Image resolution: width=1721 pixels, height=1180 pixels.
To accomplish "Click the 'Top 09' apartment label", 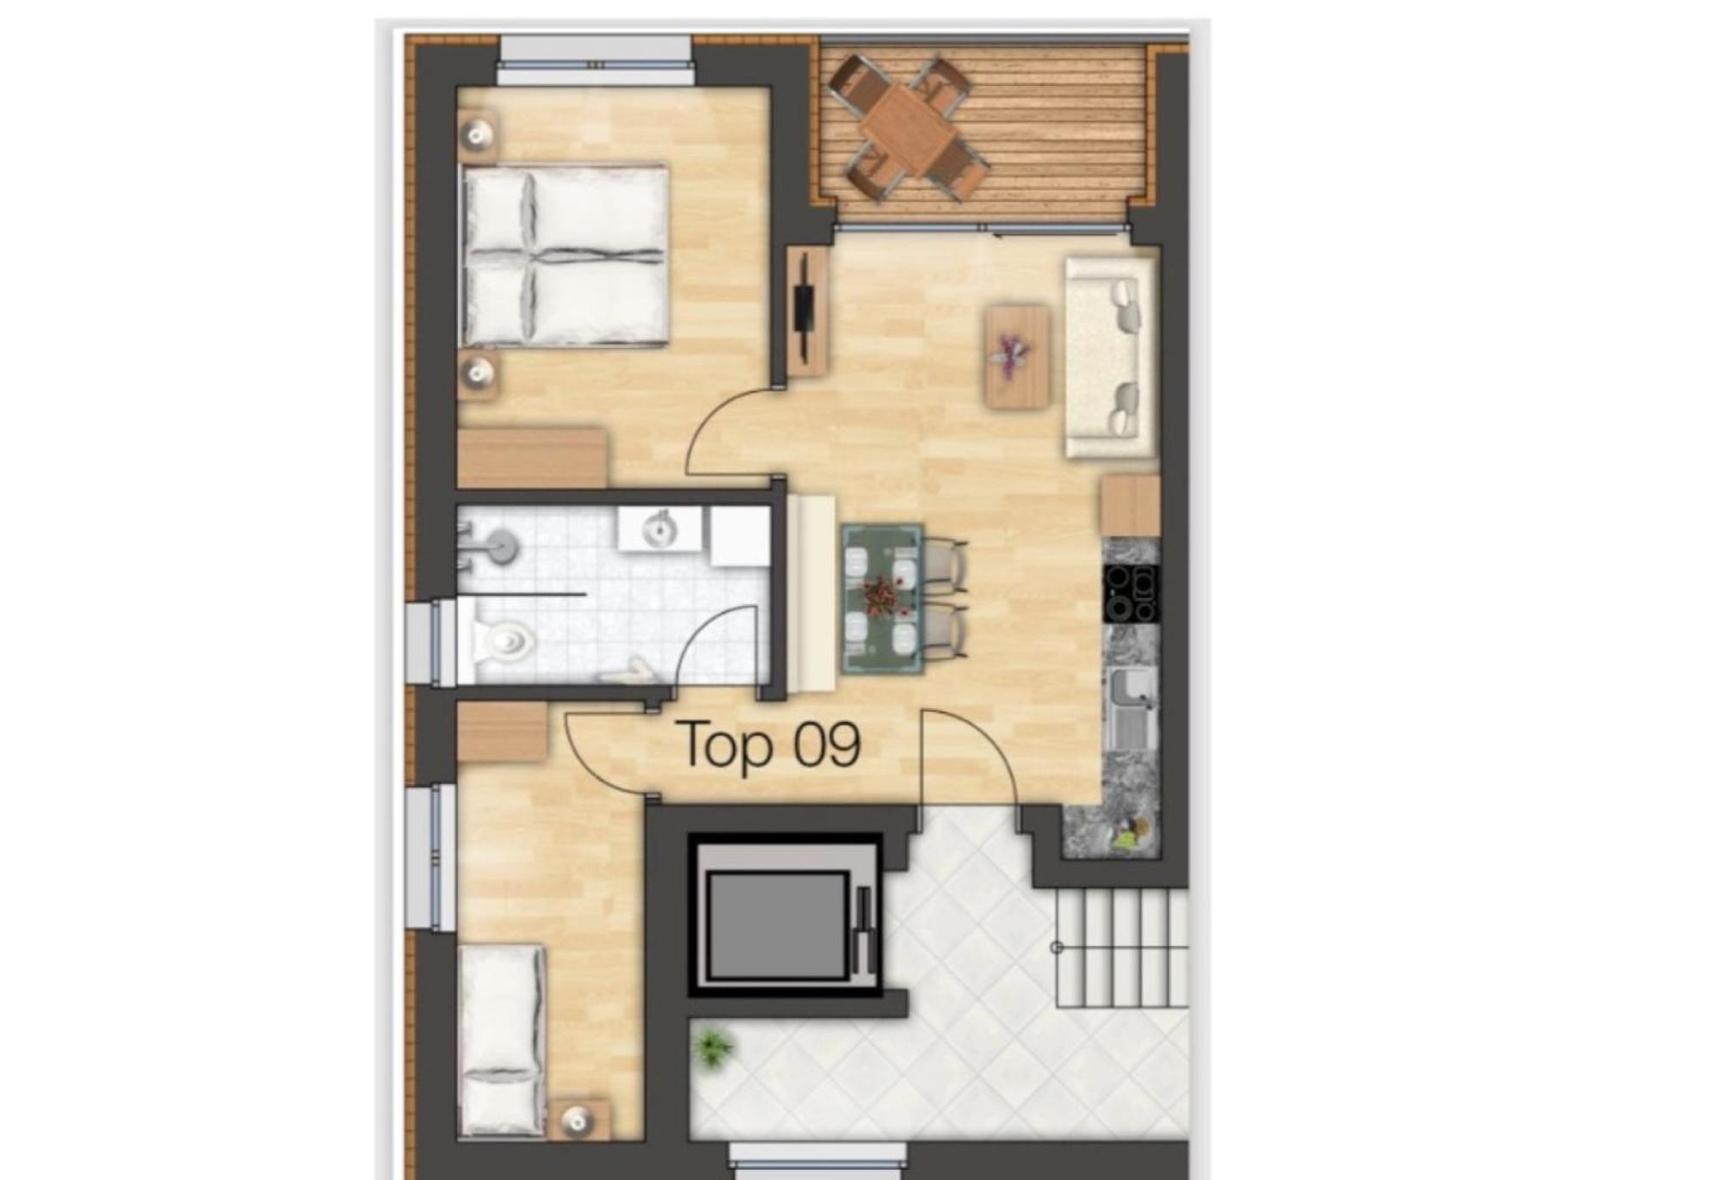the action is [769, 745].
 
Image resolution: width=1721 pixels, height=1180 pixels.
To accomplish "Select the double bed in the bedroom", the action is [565, 256].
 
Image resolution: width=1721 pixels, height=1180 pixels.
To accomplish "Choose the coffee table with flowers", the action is [1017, 355].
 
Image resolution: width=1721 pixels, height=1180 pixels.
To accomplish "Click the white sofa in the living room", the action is [1110, 356].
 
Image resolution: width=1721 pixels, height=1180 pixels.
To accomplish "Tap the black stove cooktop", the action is [1131, 593].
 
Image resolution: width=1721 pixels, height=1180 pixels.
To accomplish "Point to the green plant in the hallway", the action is [713, 1048].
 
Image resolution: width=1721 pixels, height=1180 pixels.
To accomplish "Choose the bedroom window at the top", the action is [595, 61].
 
